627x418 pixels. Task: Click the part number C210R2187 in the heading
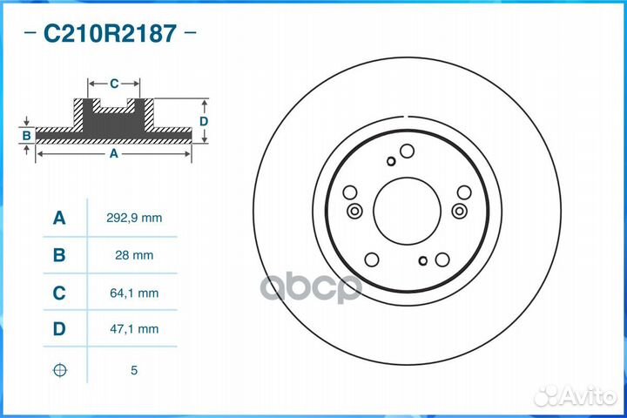click(x=110, y=34)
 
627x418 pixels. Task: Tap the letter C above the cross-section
click(x=114, y=84)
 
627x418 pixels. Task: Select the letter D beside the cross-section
click(x=203, y=121)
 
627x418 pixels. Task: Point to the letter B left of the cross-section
click(x=27, y=135)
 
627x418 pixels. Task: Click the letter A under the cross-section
click(x=113, y=154)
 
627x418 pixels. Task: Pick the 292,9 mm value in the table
click(x=134, y=218)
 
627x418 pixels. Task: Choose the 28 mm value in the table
click(x=134, y=255)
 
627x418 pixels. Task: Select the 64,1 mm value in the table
click(x=134, y=293)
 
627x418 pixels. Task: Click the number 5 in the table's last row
click(x=134, y=370)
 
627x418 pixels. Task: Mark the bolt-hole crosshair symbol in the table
click(x=59, y=370)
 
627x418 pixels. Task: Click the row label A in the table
click(x=59, y=218)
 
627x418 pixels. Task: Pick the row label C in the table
click(x=59, y=293)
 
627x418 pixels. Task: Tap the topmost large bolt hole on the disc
click(x=405, y=152)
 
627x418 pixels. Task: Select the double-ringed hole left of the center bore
click(x=354, y=211)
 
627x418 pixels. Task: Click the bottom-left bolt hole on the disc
click(x=371, y=259)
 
